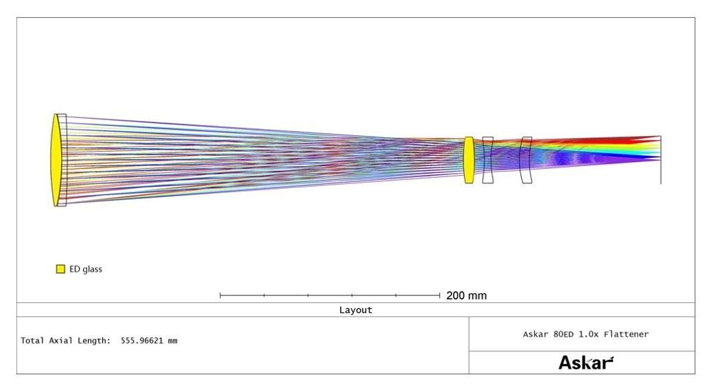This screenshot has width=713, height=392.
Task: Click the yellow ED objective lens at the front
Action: [x=56, y=160]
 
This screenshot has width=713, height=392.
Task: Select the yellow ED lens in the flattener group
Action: [x=469, y=160]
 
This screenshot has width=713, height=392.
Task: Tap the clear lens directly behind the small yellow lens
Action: [x=487, y=160]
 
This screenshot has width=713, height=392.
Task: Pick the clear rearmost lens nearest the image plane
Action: [x=526, y=160]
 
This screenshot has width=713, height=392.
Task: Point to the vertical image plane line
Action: [x=661, y=160]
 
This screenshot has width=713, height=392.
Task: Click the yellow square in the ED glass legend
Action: [x=60, y=269]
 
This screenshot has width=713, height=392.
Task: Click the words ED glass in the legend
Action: [x=86, y=269]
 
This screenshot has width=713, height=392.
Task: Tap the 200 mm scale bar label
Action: [x=467, y=295]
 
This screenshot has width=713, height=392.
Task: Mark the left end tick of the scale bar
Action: [x=220, y=295]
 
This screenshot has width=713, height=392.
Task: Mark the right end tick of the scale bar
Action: [x=439, y=295]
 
